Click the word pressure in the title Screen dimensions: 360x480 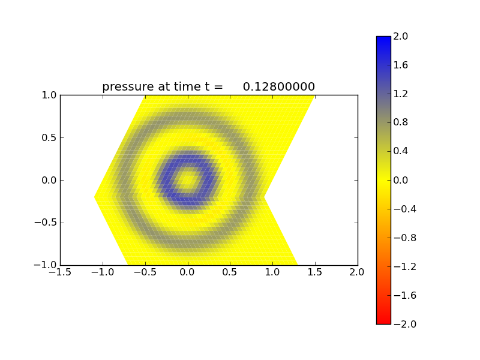(128, 87)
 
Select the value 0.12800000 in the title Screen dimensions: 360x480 (279, 87)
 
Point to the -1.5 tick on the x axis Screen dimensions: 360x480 (60, 272)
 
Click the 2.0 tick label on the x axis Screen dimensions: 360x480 (358, 272)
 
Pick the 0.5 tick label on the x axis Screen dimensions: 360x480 (230, 272)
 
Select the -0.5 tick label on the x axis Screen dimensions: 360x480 (145, 272)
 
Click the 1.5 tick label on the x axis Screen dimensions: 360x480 (315, 272)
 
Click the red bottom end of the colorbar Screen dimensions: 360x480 (383, 320)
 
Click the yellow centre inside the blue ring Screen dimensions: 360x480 (188, 179)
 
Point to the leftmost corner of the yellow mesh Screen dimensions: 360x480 (95, 197)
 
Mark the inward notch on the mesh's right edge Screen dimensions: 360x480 (264, 197)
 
